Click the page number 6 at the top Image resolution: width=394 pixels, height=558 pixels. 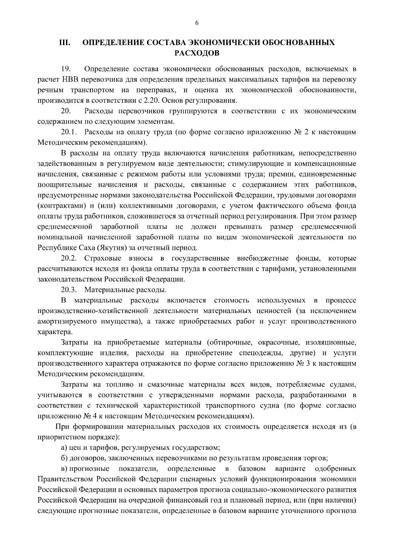click(x=197, y=23)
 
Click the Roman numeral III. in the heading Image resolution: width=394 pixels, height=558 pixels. click(x=64, y=43)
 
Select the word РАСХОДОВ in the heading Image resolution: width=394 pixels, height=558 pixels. click(x=197, y=53)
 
